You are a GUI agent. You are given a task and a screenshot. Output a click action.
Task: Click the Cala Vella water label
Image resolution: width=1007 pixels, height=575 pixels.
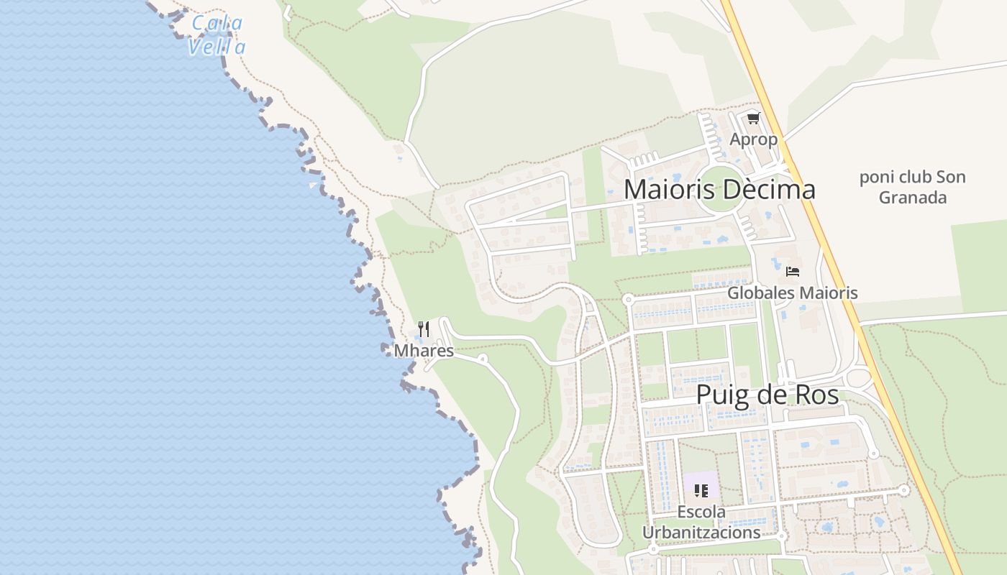point(217,34)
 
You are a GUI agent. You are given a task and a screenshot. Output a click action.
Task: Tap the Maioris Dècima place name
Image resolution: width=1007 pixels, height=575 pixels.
point(719,189)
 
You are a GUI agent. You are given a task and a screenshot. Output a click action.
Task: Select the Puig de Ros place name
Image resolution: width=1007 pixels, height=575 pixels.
point(767,395)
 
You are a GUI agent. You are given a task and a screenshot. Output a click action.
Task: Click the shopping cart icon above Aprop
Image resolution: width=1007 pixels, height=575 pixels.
point(753,119)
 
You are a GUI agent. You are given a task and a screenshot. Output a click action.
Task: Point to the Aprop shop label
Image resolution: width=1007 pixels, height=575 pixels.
point(753,139)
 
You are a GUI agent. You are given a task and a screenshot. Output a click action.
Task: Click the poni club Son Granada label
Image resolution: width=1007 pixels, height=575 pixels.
point(913,187)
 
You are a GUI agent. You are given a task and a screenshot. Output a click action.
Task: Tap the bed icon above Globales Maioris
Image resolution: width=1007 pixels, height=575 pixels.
point(793,272)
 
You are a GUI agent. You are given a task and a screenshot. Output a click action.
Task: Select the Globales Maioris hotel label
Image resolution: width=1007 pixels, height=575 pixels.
point(792,293)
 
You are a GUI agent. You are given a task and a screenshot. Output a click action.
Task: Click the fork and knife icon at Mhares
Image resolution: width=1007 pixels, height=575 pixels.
point(424,329)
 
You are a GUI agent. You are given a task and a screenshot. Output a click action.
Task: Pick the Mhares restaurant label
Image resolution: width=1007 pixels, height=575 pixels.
point(424,351)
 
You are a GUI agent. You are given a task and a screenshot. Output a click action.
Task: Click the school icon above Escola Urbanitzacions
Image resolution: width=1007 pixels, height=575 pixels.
point(701,491)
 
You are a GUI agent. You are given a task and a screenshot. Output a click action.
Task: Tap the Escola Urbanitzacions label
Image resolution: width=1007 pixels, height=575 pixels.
point(701,523)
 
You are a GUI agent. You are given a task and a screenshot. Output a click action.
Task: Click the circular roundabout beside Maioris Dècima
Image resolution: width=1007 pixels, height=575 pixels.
point(720,190)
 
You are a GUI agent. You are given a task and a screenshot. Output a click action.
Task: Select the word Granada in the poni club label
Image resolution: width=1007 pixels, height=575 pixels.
point(913,198)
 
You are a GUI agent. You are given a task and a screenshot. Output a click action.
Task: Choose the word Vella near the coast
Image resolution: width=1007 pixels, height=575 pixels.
point(217,47)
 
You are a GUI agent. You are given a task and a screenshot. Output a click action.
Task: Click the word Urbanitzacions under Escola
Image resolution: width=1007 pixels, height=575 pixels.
point(701,533)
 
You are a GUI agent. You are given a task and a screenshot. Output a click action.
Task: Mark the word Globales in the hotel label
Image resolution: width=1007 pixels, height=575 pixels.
point(760,293)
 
